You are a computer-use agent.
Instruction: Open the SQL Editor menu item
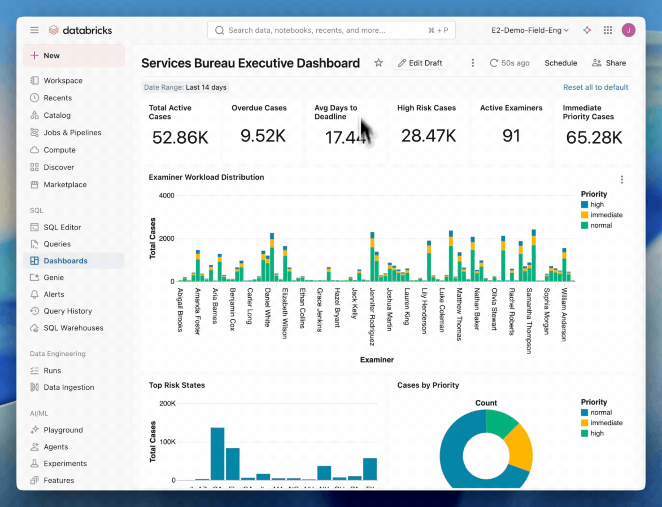coord(62,227)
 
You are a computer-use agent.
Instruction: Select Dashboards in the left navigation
coord(65,261)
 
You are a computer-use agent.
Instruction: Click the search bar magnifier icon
coord(219,31)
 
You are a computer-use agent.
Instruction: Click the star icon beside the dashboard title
coord(378,63)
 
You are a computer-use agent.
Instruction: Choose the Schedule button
coord(561,63)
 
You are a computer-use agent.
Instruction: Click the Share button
coord(609,63)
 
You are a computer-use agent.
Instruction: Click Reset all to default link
coord(595,87)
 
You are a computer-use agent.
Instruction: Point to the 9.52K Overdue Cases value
coord(263,136)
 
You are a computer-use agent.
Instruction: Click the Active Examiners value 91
coord(511,136)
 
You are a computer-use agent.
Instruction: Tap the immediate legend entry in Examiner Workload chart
coord(606,215)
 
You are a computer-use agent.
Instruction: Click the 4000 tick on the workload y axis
coord(167,195)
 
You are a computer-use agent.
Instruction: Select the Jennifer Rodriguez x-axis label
coord(372,316)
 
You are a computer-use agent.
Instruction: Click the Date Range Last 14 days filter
coord(185,87)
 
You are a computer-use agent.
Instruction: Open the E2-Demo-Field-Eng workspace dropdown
coord(530,31)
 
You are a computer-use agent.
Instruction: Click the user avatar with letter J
coord(628,31)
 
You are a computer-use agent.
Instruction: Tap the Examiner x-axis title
coord(377,360)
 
